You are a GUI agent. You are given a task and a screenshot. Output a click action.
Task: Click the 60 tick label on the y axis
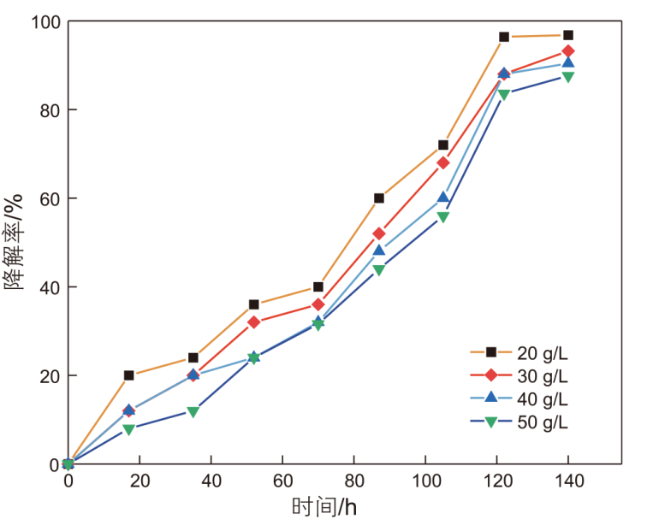[46, 198]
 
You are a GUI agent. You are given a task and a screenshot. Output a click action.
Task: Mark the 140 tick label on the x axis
[568, 481]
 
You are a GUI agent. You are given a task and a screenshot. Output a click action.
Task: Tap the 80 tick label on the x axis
[353, 481]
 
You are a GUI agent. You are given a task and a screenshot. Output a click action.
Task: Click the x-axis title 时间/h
[324, 507]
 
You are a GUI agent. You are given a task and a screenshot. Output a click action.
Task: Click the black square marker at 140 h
[568, 35]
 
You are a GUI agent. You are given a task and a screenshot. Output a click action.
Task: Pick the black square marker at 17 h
[129, 375]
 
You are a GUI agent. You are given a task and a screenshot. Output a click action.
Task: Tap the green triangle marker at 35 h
[193, 412]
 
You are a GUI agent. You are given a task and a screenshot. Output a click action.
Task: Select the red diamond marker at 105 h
[443, 162]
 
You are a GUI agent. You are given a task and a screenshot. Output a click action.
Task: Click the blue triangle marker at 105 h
[443, 198]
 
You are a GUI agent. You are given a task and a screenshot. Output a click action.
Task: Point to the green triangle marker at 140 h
[568, 77]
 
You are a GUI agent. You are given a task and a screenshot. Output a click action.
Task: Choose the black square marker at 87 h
[379, 198]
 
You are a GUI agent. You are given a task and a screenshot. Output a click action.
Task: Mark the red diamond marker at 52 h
[254, 322]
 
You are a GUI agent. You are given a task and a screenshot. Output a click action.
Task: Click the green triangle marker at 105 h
[443, 217]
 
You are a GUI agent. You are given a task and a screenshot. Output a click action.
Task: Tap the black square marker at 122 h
[504, 37]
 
